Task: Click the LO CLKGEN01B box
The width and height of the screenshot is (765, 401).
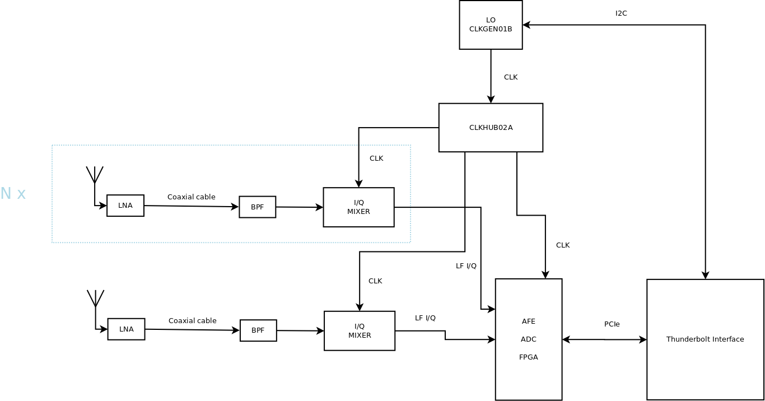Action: tap(491, 25)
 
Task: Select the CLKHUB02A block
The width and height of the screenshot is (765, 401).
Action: tap(491, 128)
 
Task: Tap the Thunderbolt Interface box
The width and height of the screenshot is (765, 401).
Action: tap(705, 339)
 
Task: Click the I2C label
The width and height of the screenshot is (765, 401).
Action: tap(621, 13)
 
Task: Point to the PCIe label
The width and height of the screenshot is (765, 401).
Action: tap(612, 324)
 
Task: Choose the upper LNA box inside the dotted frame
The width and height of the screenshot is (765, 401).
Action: tap(125, 206)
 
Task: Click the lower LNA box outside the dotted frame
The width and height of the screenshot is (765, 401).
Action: tap(127, 329)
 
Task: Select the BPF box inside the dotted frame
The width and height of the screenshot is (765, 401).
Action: tap(257, 207)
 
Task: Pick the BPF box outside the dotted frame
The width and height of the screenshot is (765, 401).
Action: tap(258, 330)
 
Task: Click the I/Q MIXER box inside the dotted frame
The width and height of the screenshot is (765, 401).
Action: tap(358, 207)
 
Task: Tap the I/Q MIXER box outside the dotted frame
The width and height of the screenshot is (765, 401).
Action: tap(360, 331)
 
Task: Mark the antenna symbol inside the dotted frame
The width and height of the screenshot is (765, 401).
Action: tap(95, 175)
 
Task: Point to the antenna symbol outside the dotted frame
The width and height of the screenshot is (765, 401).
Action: tap(96, 299)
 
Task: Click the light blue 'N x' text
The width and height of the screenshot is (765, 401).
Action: tap(13, 194)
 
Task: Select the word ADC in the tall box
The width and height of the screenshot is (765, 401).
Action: tap(529, 339)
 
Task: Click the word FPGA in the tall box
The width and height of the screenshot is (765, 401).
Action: tap(529, 357)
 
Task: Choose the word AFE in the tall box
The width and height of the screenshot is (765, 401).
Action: tap(529, 321)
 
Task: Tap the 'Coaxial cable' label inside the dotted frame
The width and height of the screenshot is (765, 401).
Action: tap(192, 197)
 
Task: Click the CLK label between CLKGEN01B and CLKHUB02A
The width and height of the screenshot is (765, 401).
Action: tap(511, 77)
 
